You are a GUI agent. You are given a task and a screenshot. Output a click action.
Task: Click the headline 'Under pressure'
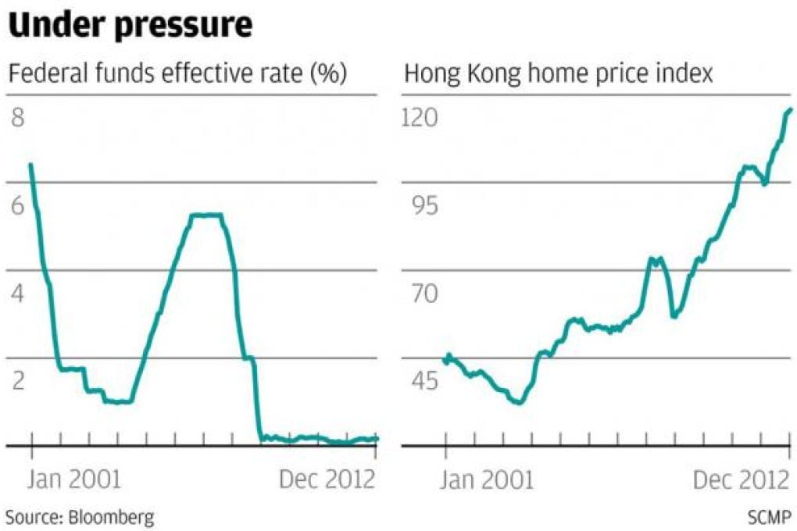(130, 27)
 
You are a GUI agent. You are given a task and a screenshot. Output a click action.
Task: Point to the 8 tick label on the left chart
(18, 118)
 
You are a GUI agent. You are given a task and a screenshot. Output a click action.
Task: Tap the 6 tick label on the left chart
(18, 206)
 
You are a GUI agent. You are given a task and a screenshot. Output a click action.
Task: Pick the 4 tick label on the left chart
(18, 294)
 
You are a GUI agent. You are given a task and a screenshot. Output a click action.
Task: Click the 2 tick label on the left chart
(18, 382)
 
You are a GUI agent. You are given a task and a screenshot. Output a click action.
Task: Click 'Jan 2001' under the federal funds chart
(74, 479)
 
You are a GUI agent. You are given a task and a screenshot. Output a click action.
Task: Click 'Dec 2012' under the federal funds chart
(327, 479)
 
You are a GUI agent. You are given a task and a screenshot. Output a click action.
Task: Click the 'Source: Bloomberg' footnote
(80, 516)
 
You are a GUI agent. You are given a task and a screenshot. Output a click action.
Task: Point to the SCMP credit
(769, 516)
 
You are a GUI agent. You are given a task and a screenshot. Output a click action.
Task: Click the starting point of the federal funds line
(30, 164)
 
